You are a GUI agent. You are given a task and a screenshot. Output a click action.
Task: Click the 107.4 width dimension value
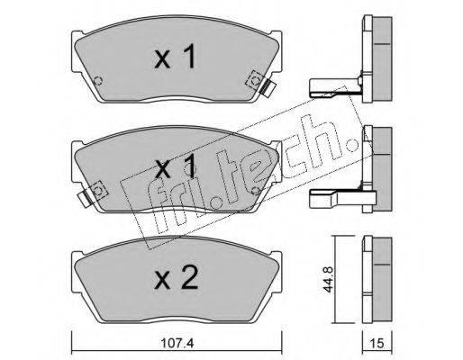click(x=177, y=343)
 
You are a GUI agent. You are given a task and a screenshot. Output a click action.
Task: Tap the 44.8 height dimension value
click(x=328, y=279)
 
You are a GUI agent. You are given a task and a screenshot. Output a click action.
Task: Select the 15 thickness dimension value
click(x=377, y=343)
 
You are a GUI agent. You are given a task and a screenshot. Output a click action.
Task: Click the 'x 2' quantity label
click(x=177, y=278)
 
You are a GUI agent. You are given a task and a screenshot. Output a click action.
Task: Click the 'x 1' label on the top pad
click(x=176, y=57)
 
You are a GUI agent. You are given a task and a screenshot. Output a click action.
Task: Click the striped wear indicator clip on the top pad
click(x=268, y=88)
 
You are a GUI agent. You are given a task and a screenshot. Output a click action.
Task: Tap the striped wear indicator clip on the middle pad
click(x=85, y=198)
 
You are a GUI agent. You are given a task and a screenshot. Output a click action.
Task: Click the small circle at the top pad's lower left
click(x=98, y=80)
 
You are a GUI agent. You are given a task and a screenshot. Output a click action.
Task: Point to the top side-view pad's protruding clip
click(x=335, y=87)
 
